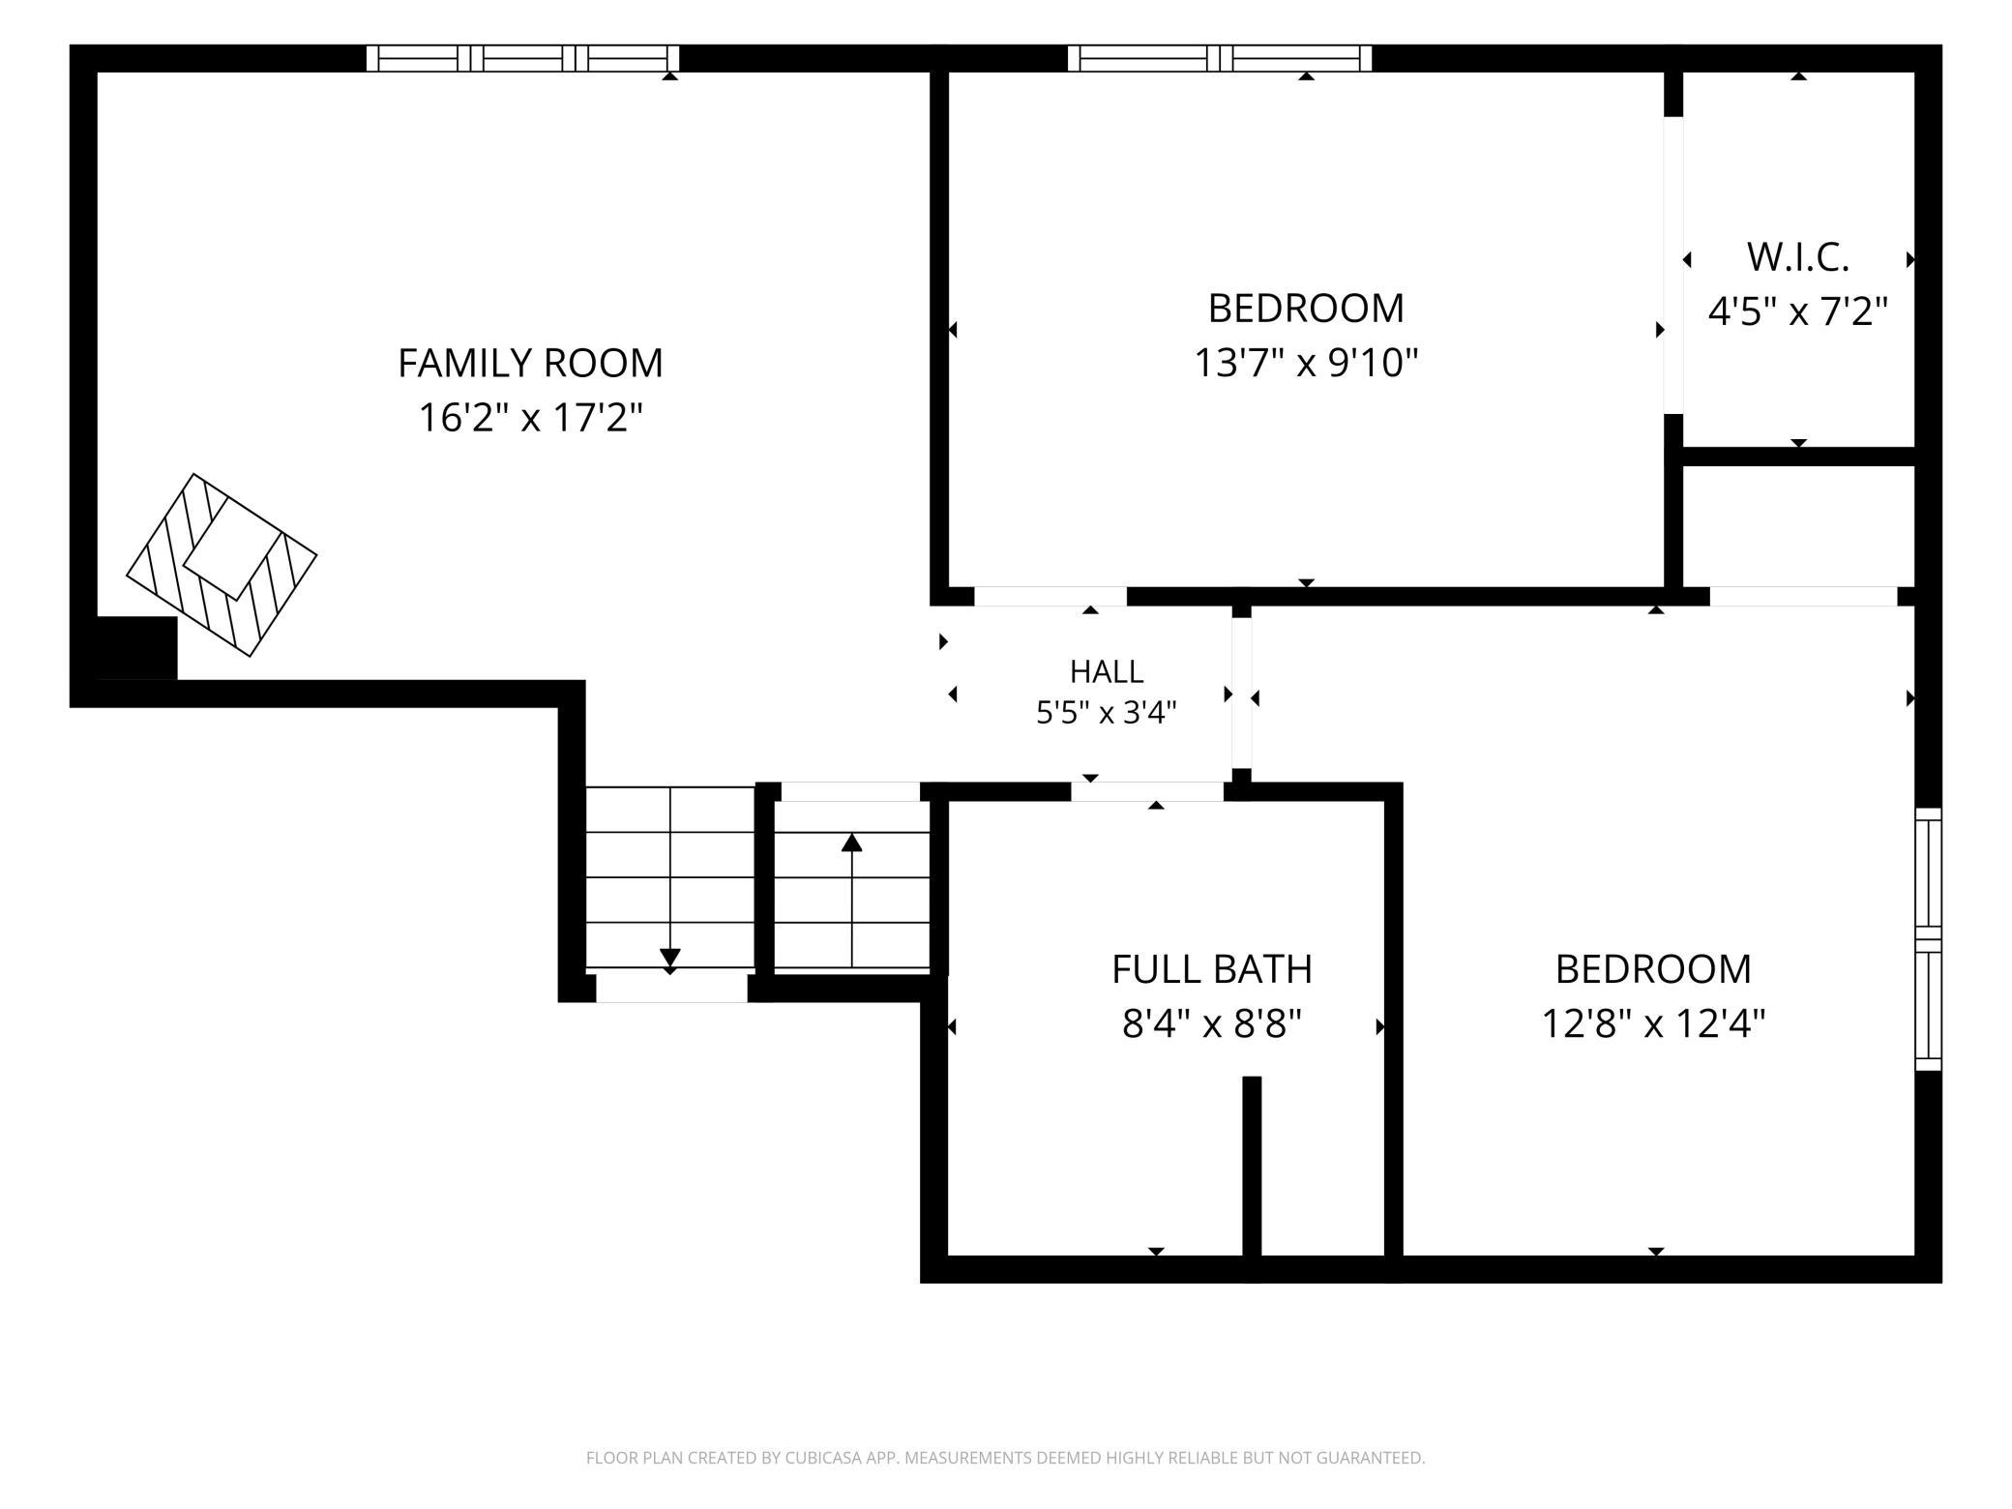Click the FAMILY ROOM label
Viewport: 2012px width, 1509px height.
(530, 364)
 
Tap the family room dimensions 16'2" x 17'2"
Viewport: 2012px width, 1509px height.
(530, 419)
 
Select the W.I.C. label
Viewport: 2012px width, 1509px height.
(1798, 257)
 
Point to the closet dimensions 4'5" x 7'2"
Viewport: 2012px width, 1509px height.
(1798, 311)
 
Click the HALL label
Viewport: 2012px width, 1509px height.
(1107, 671)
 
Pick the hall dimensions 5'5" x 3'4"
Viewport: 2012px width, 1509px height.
(1107, 713)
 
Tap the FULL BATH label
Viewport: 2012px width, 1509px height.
(1212, 969)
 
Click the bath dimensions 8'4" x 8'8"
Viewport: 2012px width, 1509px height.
(1212, 1023)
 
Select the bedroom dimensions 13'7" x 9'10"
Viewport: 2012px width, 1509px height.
(1306, 364)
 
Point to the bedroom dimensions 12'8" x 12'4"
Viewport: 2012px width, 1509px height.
(1653, 1023)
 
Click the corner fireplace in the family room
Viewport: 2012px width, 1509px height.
(222, 565)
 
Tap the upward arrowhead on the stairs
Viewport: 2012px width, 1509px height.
(851, 843)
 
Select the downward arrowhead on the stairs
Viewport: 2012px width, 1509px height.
(669, 958)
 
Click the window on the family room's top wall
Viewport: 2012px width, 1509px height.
(522, 58)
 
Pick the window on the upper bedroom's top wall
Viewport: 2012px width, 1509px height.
(1220, 58)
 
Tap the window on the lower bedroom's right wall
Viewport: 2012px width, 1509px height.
(1929, 938)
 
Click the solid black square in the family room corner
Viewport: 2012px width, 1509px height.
(137, 648)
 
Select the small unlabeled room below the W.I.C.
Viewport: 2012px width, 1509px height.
(1799, 526)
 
